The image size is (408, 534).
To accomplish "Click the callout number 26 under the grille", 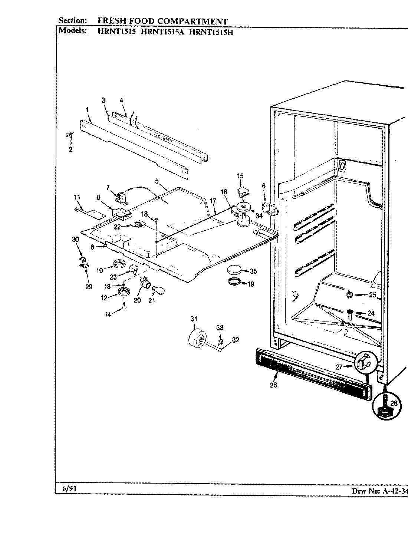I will [273, 385].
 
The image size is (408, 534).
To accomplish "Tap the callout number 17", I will [213, 201].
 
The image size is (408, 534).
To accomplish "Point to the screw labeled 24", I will [350, 314].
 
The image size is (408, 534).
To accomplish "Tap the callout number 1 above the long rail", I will [87, 109].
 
